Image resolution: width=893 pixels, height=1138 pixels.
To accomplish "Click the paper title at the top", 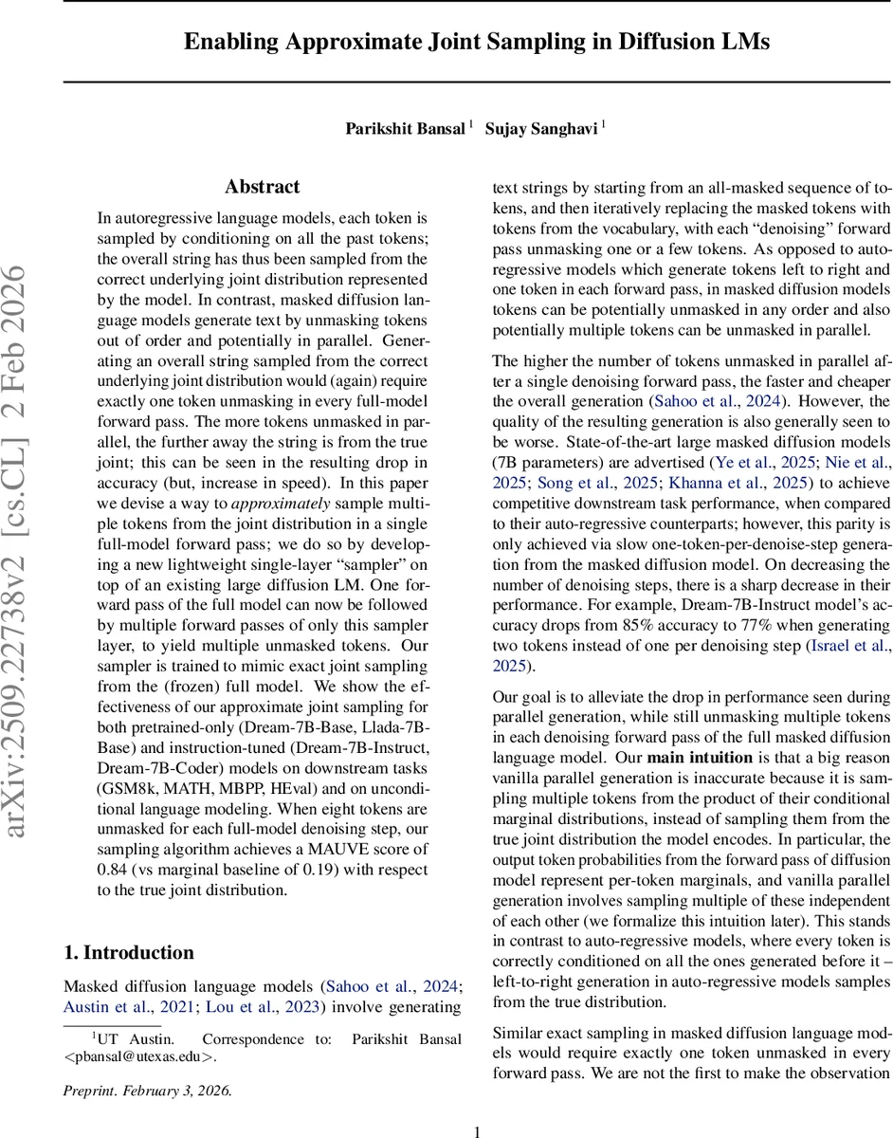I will tap(477, 42).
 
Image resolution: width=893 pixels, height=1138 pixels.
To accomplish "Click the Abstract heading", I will tap(263, 187).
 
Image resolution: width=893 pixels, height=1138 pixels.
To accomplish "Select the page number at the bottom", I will tap(477, 1130).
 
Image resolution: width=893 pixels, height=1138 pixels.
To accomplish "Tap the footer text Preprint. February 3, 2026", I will tap(147, 1090).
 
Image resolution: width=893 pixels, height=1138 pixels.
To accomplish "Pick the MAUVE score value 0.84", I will tap(114, 870).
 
